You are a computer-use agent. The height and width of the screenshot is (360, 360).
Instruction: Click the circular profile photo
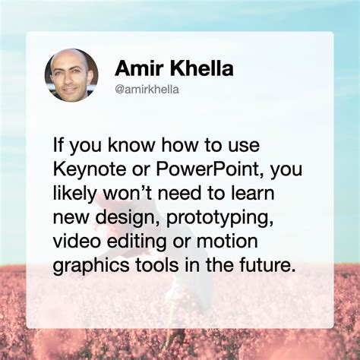(71, 75)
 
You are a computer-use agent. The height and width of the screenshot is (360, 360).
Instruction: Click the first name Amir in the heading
(138, 68)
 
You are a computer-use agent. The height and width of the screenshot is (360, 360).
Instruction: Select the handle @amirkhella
(147, 90)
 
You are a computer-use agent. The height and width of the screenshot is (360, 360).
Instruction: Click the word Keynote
(90, 170)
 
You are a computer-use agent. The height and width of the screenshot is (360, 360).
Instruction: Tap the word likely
(75, 194)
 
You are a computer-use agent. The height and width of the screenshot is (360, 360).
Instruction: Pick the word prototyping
(219, 218)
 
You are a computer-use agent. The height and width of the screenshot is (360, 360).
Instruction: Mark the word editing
(137, 242)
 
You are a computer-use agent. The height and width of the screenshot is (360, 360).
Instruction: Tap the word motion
(227, 241)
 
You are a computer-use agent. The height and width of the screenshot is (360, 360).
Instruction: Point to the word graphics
(91, 266)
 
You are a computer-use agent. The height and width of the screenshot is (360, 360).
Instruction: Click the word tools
(156, 264)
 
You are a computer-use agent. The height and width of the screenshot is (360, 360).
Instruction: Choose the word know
(131, 145)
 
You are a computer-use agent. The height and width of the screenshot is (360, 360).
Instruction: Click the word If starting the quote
(58, 145)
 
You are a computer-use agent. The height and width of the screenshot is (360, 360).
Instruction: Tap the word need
(180, 193)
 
